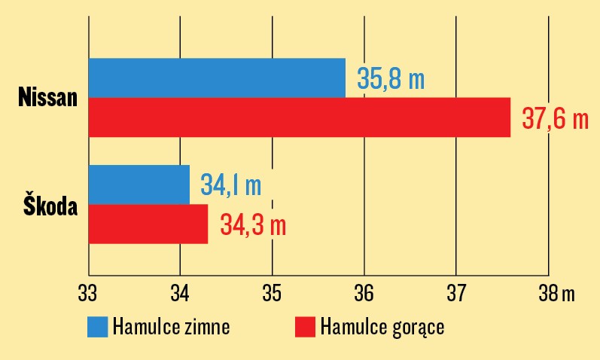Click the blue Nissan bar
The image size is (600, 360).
tap(217, 78)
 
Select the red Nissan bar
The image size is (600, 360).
tap(299, 117)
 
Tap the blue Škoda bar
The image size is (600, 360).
tap(139, 185)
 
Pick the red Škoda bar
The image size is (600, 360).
tap(148, 224)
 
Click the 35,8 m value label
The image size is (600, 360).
tap(391, 78)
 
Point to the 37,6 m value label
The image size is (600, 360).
tap(554, 119)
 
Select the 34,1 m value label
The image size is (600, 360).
tap(230, 185)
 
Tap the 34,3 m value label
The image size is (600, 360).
tap(253, 224)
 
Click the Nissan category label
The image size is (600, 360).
tap(48, 98)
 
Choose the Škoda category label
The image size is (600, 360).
tap(50, 205)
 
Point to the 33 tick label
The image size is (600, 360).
tap(88, 294)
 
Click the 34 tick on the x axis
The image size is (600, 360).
tap(180, 294)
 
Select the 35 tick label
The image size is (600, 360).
tap(272, 294)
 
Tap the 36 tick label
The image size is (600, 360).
tap(364, 294)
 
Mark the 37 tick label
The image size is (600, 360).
tap(456, 294)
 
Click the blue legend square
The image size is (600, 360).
tap(98, 328)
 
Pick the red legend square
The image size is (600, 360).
tap(304, 328)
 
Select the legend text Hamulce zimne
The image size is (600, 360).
tap(171, 328)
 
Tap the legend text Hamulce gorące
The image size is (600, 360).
tap(382, 328)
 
